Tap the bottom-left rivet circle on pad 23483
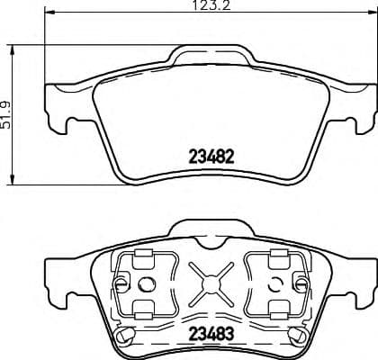[127, 336]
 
